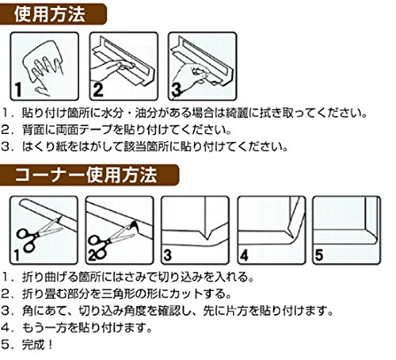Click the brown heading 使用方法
(x=50, y=14)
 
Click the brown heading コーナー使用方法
(x=86, y=175)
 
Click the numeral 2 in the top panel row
(x=98, y=90)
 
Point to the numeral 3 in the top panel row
(x=177, y=90)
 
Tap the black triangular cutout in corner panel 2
(x=135, y=226)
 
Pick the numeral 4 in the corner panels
(x=244, y=255)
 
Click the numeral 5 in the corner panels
(x=319, y=255)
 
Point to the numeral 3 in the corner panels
(x=168, y=255)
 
